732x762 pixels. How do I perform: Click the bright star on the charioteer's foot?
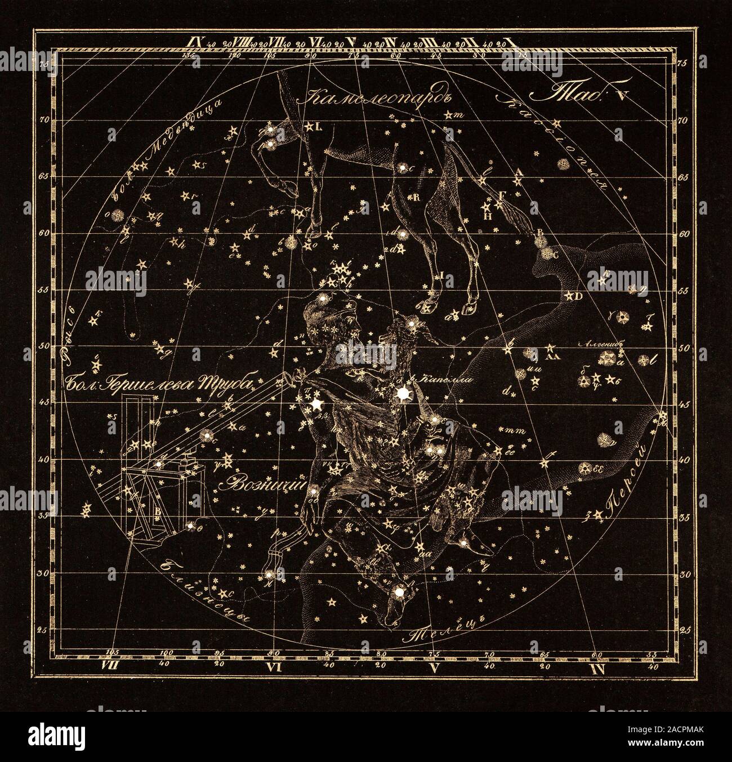click(400, 592)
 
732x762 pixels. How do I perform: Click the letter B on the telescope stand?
click(159, 511)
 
